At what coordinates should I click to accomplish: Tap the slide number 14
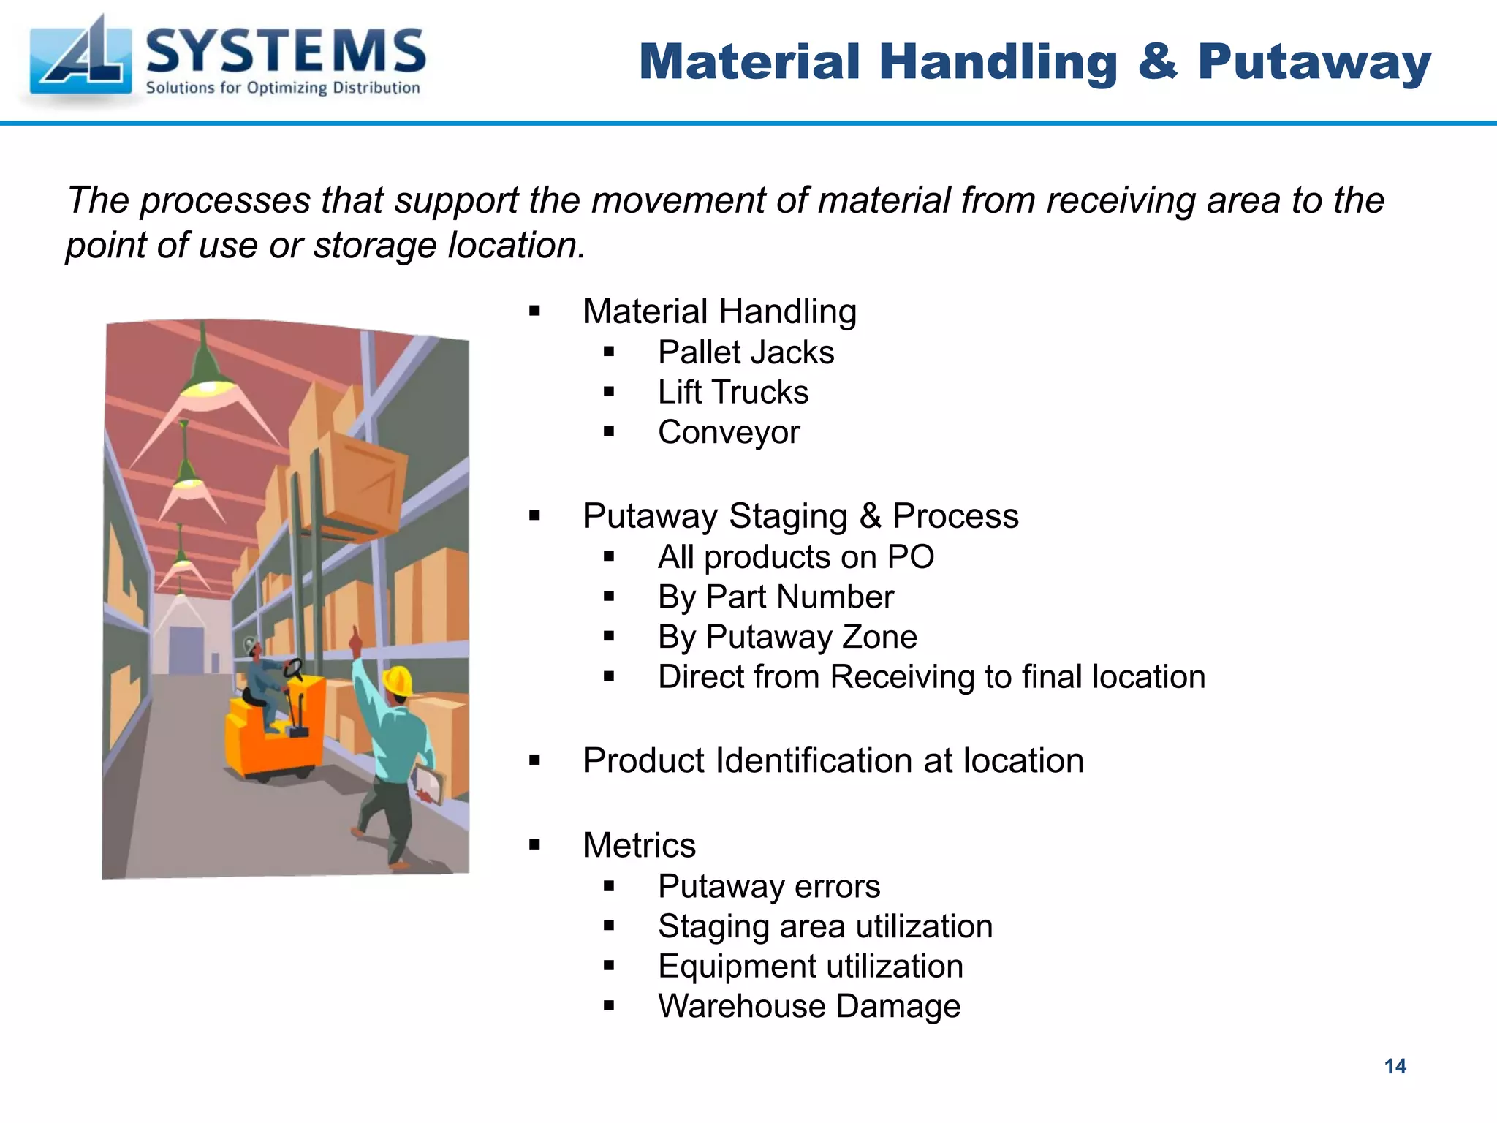[x=1395, y=1066]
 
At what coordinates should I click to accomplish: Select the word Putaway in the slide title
[x=1314, y=61]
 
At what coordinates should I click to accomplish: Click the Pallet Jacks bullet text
[x=746, y=352]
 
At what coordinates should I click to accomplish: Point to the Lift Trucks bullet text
[x=732, y=393]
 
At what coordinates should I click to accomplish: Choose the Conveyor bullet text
[x=729, y=432]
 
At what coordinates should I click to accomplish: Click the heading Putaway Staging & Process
[x=800, y=516]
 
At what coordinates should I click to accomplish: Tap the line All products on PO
[x=795, y=557]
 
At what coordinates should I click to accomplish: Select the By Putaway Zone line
[x=787, y=637]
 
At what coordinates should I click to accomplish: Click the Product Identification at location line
[x=833, y=761]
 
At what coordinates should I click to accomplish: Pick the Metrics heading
[x=639, y=846]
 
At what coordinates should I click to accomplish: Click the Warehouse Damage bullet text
[x=808, y=1007]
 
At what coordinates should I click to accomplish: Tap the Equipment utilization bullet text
[x=810, y=967]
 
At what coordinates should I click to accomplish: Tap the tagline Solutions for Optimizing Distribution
[x=283, y=88]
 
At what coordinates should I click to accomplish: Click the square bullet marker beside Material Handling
[x=534, y=312]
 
